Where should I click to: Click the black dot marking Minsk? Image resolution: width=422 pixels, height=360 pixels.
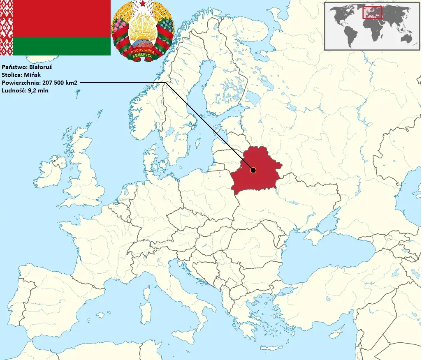(253, 170)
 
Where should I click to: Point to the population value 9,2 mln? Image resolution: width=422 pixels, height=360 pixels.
(37, 91)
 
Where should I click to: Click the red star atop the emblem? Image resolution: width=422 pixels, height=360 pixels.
(142, 4)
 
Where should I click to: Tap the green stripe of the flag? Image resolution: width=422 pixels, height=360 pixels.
(62, 46)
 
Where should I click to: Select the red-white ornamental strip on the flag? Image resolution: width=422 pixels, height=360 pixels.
(6, 28)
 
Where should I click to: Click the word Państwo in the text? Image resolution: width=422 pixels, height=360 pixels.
(13, 67)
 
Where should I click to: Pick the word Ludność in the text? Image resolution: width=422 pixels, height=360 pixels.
(13, 91)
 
